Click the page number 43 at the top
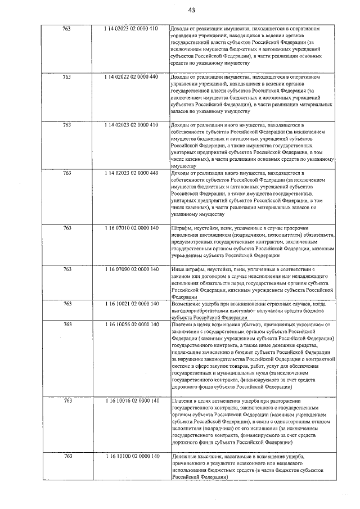coord(192,10)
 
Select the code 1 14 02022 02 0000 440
coord(130,76)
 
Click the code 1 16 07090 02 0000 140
coord(130,269)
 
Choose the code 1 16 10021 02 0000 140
coord(130,304)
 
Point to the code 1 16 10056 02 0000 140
coord(130,325)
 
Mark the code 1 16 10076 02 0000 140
coord(130,400)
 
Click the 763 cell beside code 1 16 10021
coord(67,304)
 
